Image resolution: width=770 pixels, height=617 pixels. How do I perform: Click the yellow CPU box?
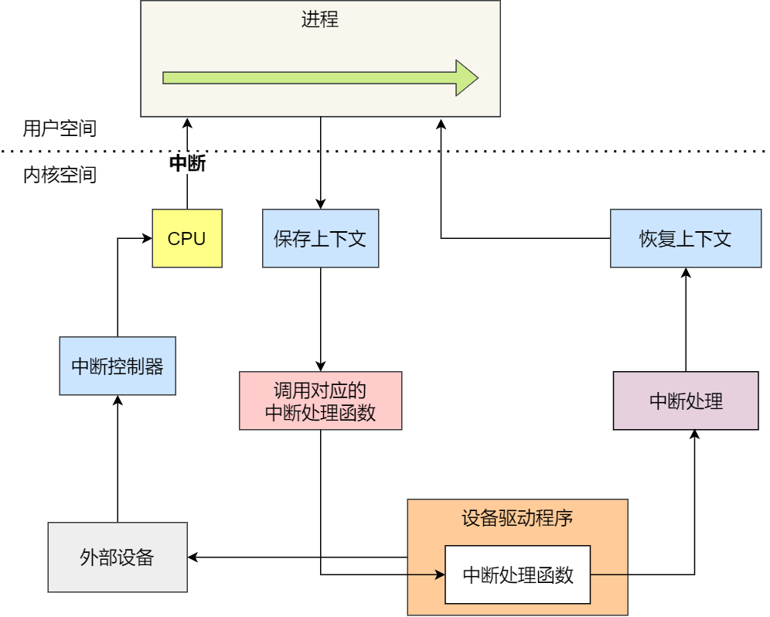(x=187, y=238)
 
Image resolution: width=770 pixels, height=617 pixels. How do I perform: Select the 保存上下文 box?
(x=320, y=238)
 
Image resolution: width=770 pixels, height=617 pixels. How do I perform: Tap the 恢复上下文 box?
(x=685, y=238)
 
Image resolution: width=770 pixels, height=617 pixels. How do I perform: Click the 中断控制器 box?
(x=118, y=366)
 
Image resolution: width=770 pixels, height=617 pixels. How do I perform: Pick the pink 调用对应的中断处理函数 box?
(x=320, y=401)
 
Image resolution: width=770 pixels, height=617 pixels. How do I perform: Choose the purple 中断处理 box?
(x=685, y=401)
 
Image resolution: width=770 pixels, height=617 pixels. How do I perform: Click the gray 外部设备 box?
(x=118, y=557)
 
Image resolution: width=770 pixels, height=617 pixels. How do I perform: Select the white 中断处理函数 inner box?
(x=517, y=574)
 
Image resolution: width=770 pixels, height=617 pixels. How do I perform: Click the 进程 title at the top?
(x=320, y=19)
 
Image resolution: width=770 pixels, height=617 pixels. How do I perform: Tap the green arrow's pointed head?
(x=466, y=77)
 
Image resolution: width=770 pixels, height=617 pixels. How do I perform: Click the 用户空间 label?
(x=60, y=128)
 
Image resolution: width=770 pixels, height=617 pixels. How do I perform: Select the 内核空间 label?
(x=60, y=175)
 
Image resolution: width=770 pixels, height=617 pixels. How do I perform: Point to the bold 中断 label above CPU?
(x=187, y=163)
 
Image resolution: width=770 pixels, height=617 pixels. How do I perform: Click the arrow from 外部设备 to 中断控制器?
(x=118, y=464)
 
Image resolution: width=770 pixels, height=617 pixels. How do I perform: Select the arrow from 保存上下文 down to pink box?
(x=321, y=317)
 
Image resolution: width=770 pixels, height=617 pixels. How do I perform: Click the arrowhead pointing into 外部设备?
(x=193, y=557)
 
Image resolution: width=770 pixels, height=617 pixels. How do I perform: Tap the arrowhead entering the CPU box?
(x=146, y=238)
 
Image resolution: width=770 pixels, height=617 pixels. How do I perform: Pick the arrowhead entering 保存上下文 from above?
(x=321, y=203)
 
